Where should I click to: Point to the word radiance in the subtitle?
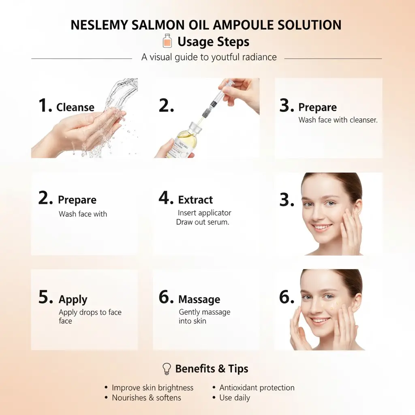point(259,57)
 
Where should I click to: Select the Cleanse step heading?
point(75,107)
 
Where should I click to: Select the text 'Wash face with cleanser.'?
point(338,120)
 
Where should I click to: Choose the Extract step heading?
point(195,200)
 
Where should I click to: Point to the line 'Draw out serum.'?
point(203,222)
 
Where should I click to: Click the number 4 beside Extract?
point(166,199)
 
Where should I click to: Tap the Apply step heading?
point(73,299)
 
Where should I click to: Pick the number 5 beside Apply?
point(45,298)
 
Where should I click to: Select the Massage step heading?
point(199,299)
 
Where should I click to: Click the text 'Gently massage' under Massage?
point(205,312)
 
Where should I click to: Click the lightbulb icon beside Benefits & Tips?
point(166,368)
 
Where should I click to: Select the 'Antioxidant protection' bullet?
point(257,388)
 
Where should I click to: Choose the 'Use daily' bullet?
point(235,398)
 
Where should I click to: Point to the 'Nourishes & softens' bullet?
point(146,398)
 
